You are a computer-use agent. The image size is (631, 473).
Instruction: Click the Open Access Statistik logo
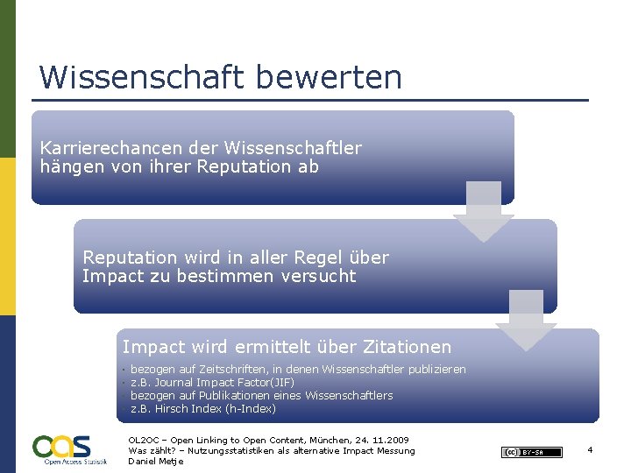click(x=69, y=449)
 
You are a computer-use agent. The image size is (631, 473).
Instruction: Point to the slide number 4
click(x=591, y=450)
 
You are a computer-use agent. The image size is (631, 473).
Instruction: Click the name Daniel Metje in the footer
click(x=156, y=462)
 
